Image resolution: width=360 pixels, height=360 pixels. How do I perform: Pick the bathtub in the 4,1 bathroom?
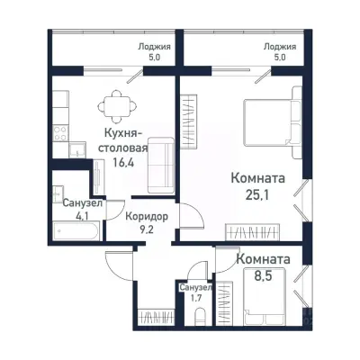(x=76, y=230)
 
